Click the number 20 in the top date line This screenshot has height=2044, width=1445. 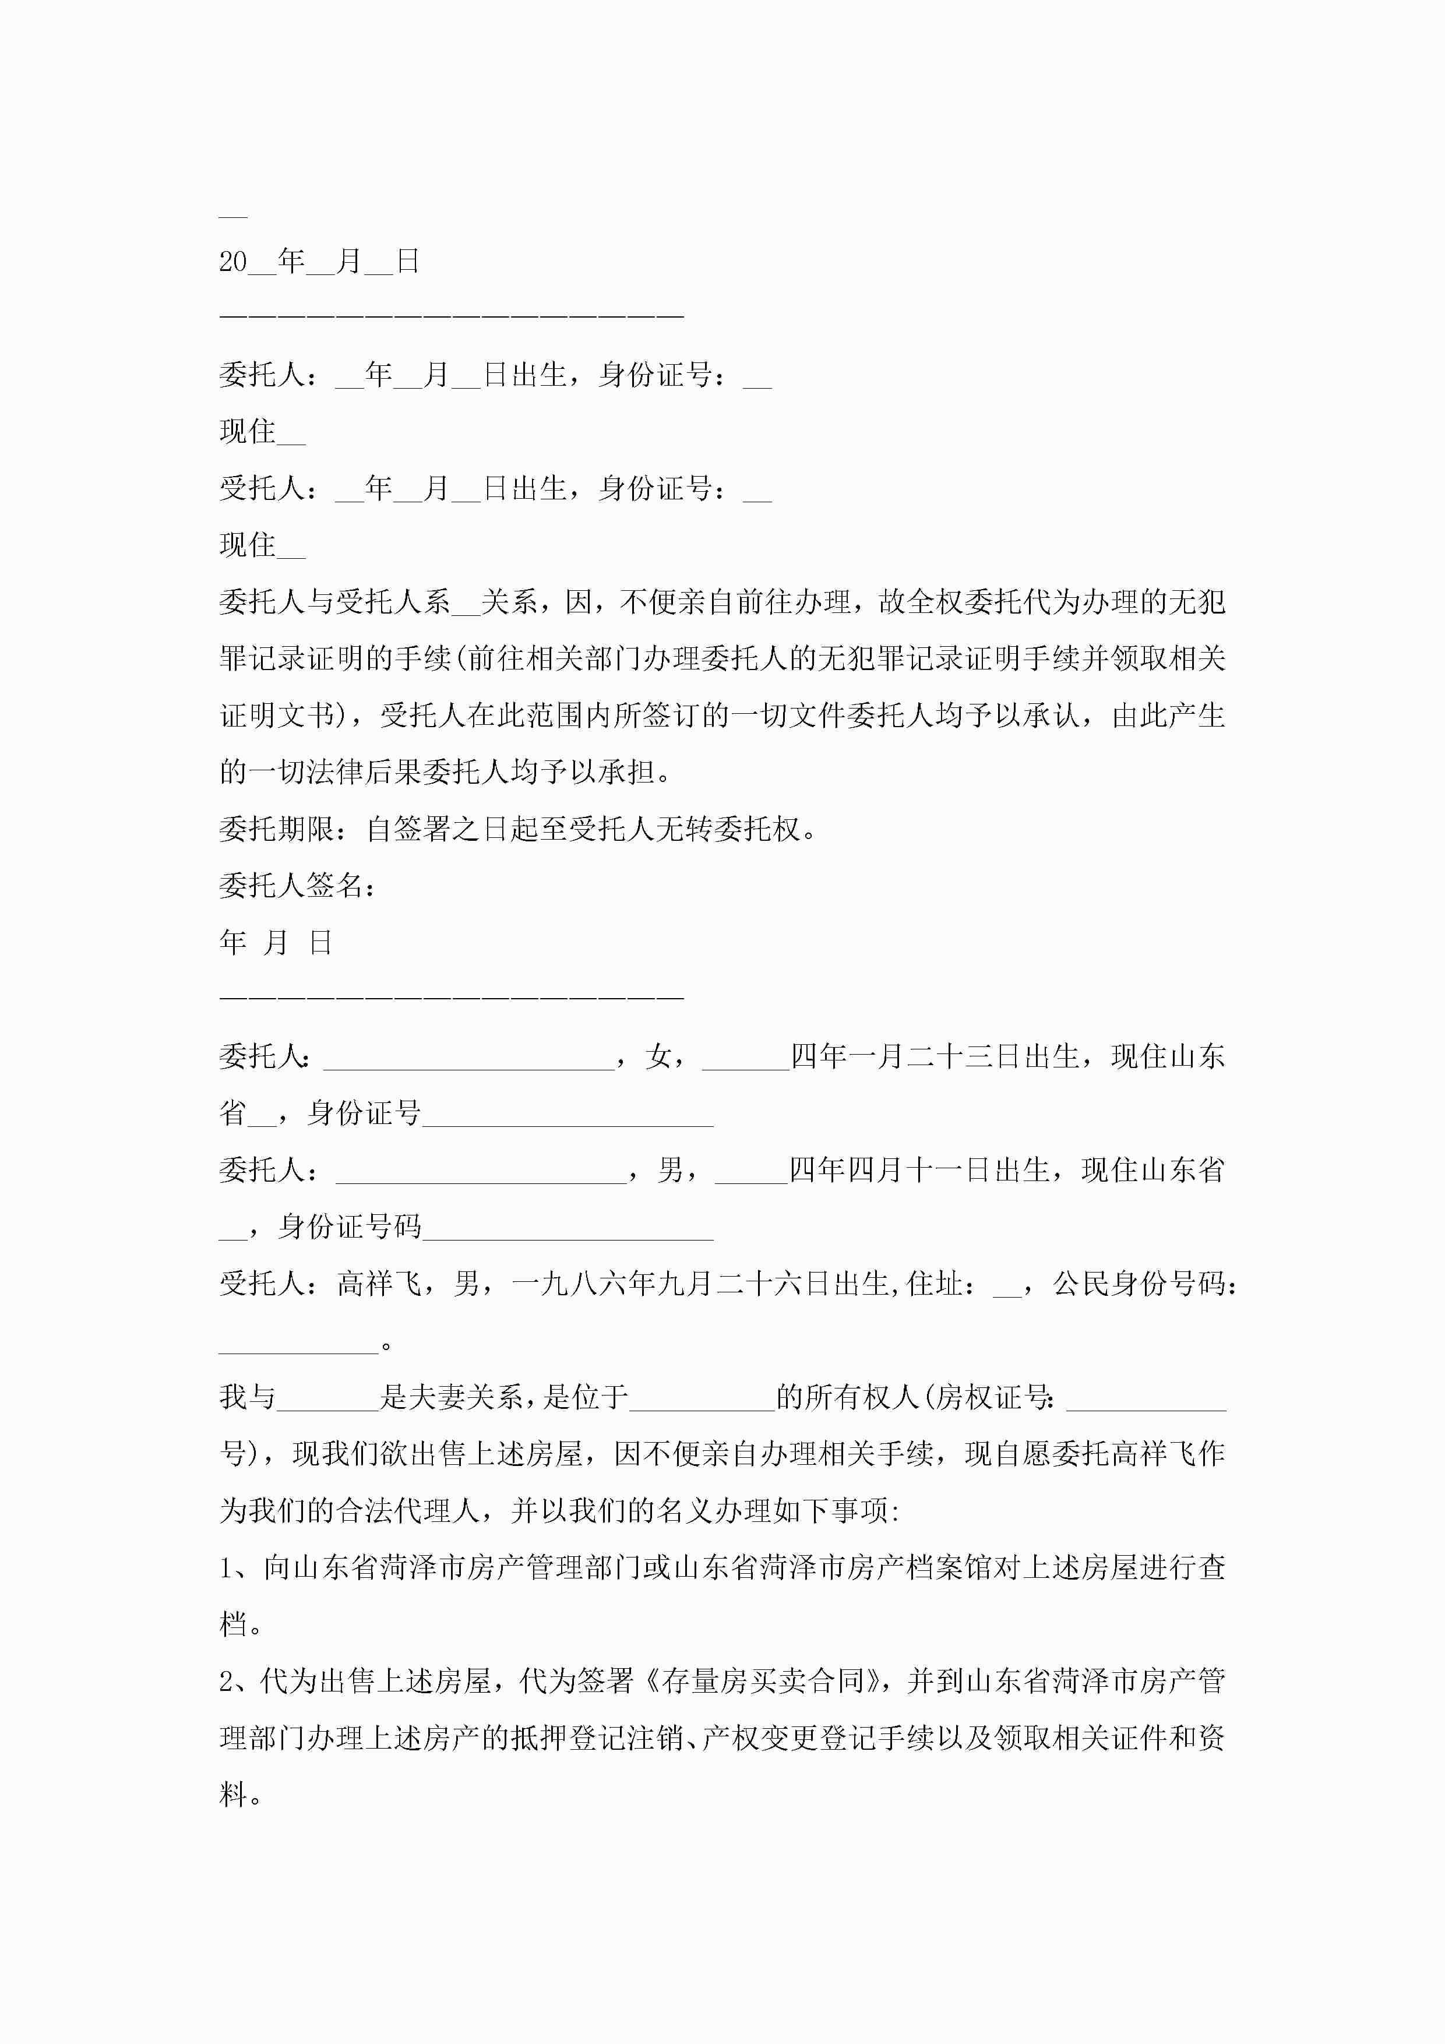233,262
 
